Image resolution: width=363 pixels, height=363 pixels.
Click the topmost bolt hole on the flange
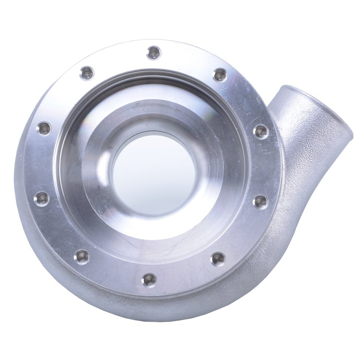pyautogui.click(x=154, y=53)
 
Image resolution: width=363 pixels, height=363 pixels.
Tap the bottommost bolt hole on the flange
pyautogui.click(x=149, y=280)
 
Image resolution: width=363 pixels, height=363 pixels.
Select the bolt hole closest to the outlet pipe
pyautogui.click(x=261, y=132)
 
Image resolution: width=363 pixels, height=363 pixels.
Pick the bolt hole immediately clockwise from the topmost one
pyautogui.click(x=219, y=75)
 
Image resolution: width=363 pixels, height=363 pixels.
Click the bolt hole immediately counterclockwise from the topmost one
pyautogui.click(x=87, y=73)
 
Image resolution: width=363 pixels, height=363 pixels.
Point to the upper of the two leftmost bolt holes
pyautogui.click(x=44, y=129)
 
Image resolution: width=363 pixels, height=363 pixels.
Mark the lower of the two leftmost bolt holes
pyautogui.click(x=42, y=199)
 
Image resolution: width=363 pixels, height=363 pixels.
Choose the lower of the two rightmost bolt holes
pyautogui.click(x=261, y=202)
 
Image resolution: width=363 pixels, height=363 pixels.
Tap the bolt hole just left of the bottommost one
pyautogui.click(x=82, y=257)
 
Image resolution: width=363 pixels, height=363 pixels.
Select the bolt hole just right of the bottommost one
pyautogui.click(x=218, y=259)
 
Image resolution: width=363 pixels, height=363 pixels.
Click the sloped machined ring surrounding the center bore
pyautogui.click(x=203, y=203)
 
